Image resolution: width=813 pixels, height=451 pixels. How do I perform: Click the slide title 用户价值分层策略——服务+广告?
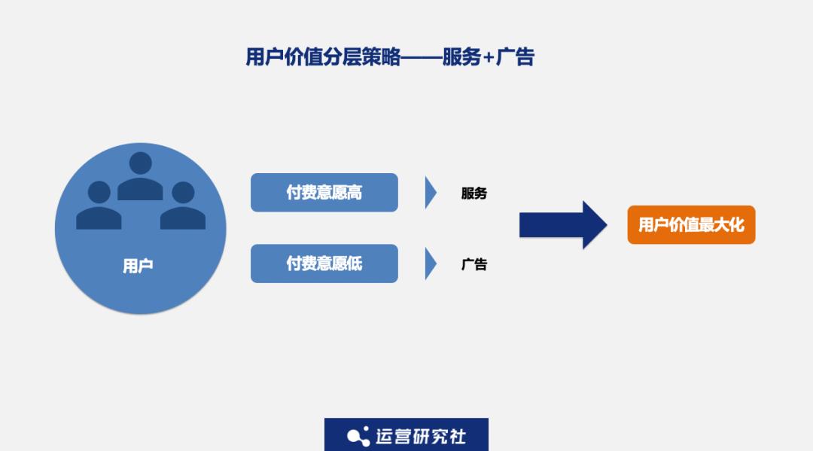tap(390, 56)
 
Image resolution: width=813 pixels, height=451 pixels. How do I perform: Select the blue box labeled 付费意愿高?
tap(324, 192)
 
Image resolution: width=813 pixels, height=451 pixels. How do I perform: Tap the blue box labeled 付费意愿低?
tap(324, 264)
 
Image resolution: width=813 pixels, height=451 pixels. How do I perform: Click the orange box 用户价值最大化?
tap(691, 224)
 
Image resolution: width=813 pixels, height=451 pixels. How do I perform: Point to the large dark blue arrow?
tap(563, 225)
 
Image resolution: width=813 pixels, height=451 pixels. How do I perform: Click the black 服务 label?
tap(474, 194)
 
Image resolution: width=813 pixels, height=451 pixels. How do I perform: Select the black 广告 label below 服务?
tap(474, 264)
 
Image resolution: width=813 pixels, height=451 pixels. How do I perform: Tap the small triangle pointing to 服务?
tap(430, 192)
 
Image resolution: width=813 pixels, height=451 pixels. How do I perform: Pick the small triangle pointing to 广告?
tap(430, 264)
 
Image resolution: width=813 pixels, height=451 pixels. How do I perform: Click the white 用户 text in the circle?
tap(138, 266)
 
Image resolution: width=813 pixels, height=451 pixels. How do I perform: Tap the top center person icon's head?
tap(140, 163)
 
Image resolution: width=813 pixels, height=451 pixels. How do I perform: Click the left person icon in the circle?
tap(99, 205)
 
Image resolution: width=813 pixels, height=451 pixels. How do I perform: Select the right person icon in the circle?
tap(182, 205)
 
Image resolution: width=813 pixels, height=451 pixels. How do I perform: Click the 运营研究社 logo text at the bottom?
tap(421, 437)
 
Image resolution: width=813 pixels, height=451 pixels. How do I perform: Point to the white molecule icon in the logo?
tap(358, 437)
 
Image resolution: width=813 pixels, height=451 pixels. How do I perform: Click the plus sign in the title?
tap(488, 58)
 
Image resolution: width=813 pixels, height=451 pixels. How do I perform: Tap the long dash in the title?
tap(421, 57)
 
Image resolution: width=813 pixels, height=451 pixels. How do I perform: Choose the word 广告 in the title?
tap(515, 56)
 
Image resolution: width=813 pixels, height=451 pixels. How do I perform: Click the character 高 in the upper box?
tap(355, 192)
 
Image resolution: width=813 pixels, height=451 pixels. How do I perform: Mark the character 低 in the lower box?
tap(355, 264)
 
